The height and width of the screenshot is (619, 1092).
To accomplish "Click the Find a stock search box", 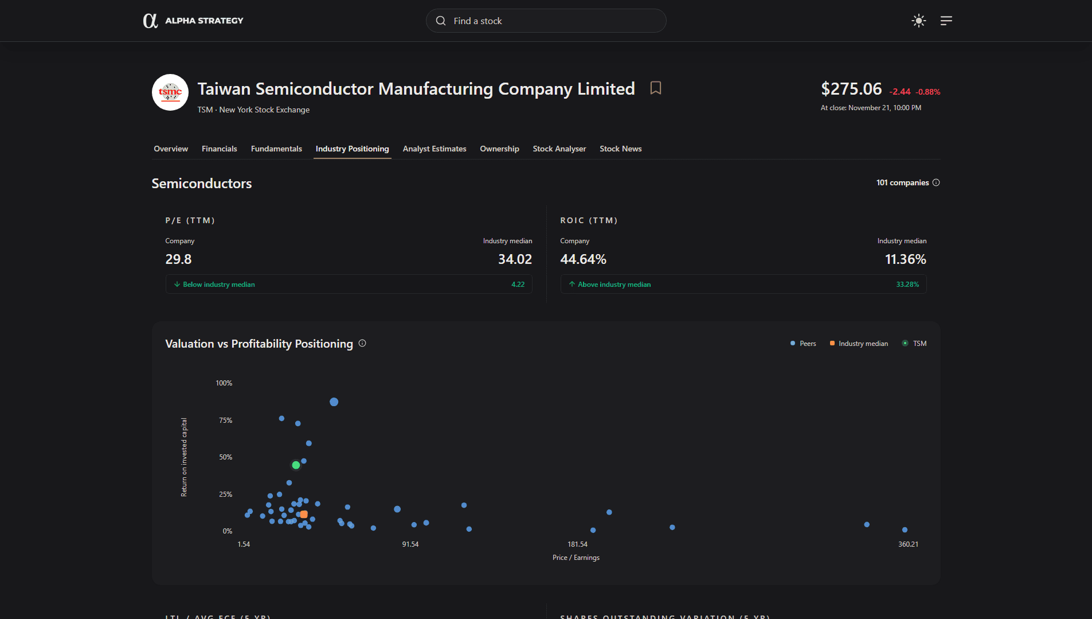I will (x=545, y=21).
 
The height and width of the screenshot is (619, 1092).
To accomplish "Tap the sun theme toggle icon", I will (x=918, y=21).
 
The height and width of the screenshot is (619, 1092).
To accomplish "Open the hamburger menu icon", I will (x=946, y=21).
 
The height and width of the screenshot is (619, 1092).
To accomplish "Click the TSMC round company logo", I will (x=170, y=92).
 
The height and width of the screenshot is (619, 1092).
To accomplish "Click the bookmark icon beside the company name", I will (x=656, y=88).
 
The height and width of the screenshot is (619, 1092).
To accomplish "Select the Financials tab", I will (x=219, y=149).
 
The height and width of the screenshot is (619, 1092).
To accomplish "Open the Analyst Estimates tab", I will (x=434, y=149).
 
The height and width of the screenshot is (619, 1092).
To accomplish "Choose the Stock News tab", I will (x=620, y=149).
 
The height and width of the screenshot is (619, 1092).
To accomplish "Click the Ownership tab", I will (x=499, y=149).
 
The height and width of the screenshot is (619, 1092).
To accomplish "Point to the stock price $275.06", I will (x=851, y=89).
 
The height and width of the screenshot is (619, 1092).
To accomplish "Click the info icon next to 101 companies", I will (x=936, y=182).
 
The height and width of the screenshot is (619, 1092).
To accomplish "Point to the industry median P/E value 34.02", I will (x=515, y=259).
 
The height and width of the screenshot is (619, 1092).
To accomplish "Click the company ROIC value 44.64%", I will (x=583, y=259).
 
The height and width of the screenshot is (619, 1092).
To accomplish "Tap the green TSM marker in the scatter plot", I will (x=296, y=465).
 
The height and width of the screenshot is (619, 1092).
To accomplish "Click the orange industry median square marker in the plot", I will (x=304, y=515).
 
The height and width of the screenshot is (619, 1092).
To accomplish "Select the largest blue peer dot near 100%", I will (x=334, y=402).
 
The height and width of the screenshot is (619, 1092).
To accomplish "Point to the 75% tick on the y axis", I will (x=225, y=421).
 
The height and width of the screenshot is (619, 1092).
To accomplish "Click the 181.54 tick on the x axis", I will (x=577, y=544).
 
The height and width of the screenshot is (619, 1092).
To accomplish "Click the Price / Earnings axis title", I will (x=576, y=558).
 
